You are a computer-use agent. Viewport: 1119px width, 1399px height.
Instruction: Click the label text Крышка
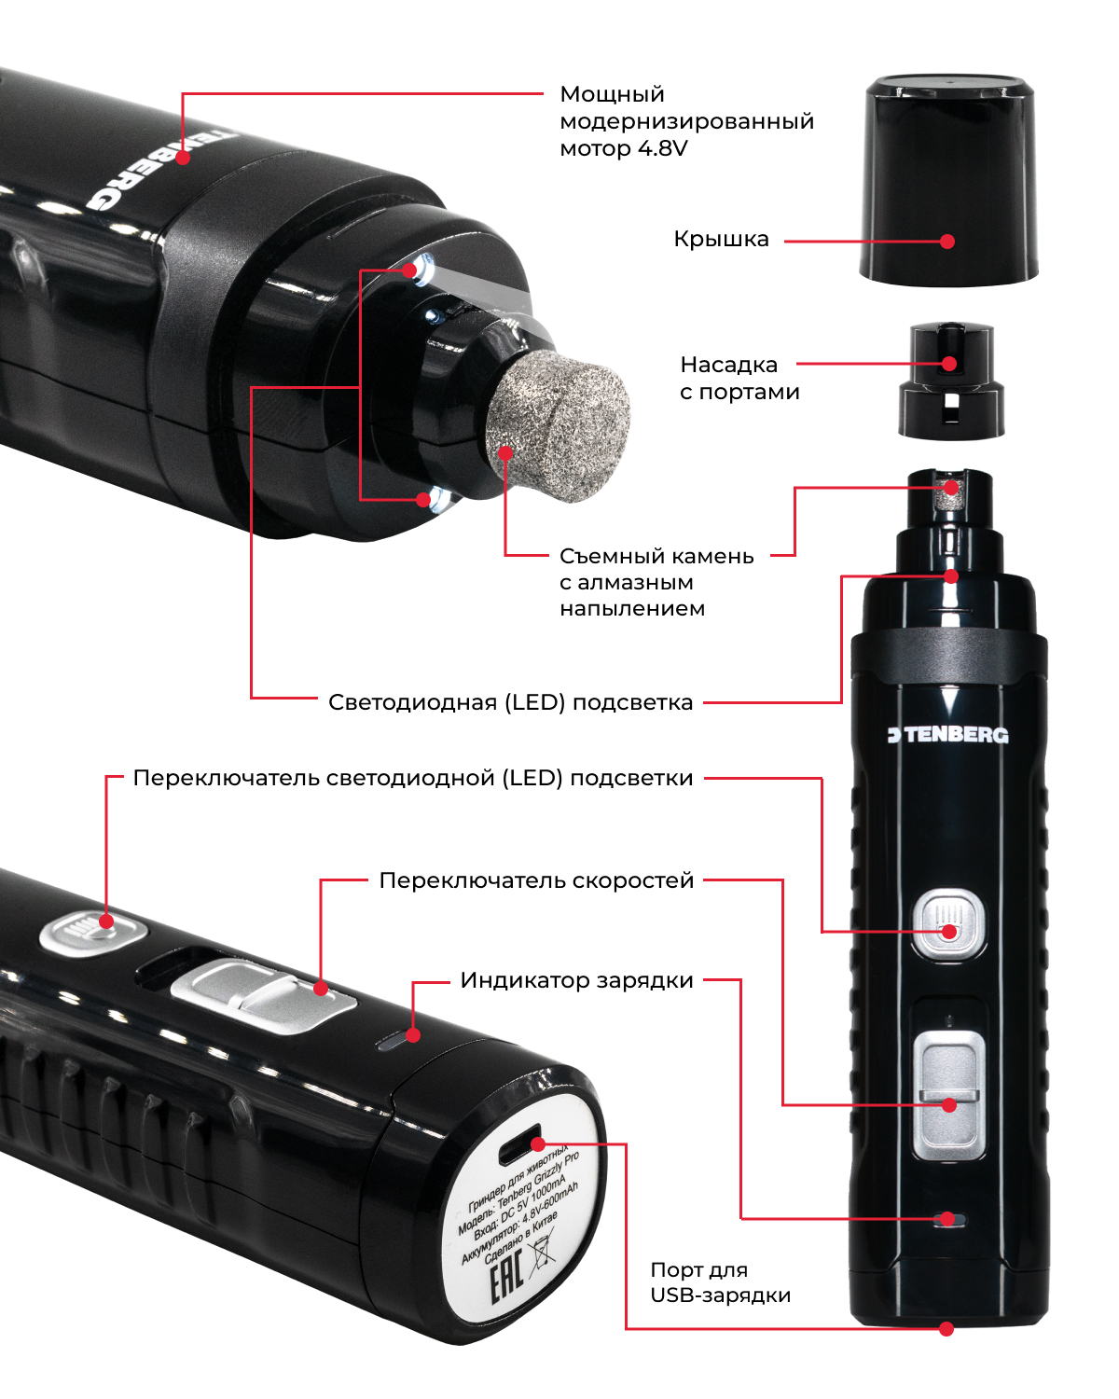[721, 240]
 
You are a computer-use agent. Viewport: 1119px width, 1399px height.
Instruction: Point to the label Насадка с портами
[739, 378]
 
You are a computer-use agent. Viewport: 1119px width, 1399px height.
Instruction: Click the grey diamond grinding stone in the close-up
[559, 426]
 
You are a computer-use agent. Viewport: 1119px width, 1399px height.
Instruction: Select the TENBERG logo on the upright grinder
[948, 735]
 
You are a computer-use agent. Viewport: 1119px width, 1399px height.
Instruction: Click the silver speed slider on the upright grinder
[948, 1095]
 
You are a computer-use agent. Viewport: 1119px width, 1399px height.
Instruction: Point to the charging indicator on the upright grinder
[948, 1220]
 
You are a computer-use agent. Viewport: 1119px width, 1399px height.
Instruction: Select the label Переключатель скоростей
[536, 880]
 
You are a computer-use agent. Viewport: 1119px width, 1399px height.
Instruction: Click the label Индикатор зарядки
[576, 980]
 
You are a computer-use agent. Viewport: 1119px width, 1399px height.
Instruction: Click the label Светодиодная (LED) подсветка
[510, 702]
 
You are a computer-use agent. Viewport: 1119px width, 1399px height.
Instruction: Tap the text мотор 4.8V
[624, 149]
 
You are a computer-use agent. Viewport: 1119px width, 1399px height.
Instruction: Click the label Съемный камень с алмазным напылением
[656, 583]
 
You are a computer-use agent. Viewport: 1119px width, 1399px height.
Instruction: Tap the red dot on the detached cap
[947, 242]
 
